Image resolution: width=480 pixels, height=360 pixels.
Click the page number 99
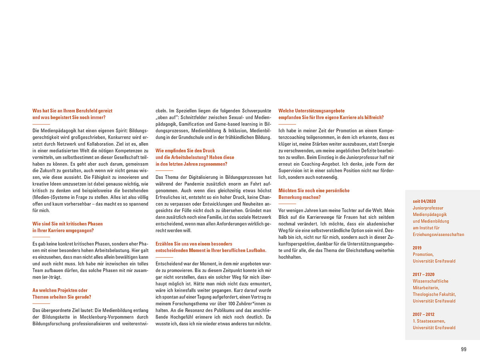pos(464,349)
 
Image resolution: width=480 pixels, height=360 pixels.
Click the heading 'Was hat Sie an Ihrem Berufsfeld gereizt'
pos(72,111)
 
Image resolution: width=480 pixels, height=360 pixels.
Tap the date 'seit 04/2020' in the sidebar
pos(424,201)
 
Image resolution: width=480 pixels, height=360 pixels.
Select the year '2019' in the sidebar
pos(417,248)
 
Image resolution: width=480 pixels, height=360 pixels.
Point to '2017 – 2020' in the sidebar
pos(423,274)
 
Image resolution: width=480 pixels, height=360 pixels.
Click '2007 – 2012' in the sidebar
pos(423,314)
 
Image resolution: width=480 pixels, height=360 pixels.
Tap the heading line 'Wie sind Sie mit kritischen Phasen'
pos(68,224)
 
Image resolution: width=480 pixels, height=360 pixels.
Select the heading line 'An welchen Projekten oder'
pos(60,290)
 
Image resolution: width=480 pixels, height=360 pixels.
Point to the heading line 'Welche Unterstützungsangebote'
pos(312,111)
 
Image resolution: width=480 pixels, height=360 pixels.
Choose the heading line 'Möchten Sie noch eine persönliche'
pos(314,191)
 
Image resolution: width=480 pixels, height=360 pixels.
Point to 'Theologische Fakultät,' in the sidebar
pos(434,294)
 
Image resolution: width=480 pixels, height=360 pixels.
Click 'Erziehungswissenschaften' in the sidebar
pos(438,234)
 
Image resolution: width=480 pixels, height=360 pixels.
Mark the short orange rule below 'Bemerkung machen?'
pos(287,204)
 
